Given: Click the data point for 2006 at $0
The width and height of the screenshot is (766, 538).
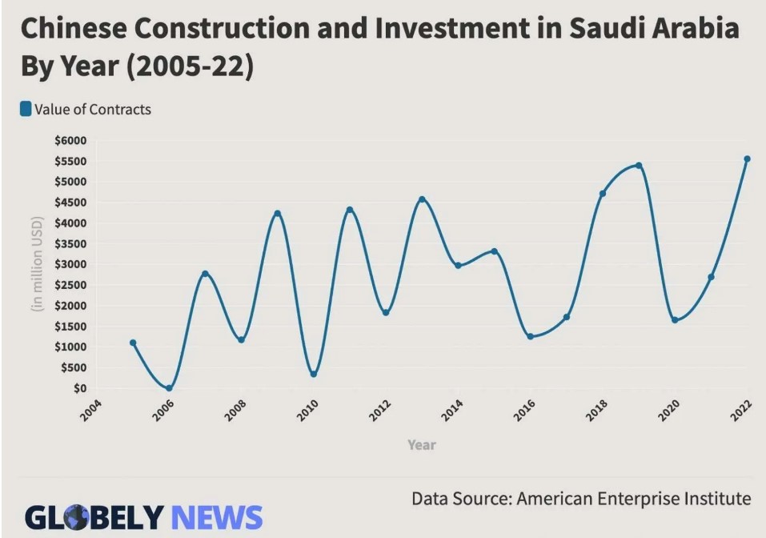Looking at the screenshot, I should [169, 388].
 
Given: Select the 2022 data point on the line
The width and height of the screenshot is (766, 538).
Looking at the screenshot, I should [747, 159].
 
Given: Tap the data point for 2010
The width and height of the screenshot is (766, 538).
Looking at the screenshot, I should [313, 374].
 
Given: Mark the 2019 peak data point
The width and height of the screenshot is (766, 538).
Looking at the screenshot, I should [639, 166].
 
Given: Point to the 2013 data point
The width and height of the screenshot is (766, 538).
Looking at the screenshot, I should [422, 199].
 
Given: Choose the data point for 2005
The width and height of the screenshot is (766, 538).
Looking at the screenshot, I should [133, 343].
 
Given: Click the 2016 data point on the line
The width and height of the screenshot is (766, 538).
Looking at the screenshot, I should [530, 336].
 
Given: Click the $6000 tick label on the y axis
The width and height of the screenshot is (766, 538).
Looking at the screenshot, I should [70, 140].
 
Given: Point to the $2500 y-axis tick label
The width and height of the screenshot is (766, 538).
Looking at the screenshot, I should [70, 285].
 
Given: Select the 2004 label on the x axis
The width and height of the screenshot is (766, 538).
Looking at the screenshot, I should [91, 412].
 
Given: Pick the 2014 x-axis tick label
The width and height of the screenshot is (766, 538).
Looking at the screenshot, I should [452, 412].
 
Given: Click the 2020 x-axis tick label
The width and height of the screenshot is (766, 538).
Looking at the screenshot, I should [668, 412].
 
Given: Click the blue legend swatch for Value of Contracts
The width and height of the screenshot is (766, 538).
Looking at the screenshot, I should [26, 109].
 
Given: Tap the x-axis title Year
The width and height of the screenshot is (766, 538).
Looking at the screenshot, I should [422, 444].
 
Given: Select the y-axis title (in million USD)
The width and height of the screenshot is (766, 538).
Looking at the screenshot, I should [36, 264].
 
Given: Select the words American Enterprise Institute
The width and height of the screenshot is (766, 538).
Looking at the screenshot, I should [634, 499].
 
